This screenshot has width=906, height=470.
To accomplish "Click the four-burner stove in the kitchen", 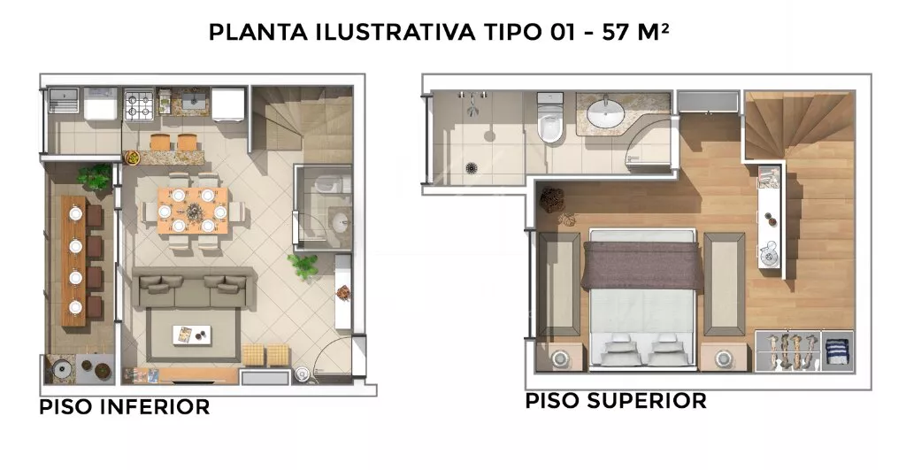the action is click(x=139, y=105).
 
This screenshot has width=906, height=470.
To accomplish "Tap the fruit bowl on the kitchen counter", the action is click(x=134, y=157).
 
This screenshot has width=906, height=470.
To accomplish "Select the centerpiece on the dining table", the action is click(x=192, y=211).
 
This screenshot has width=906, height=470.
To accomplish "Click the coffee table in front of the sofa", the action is click(x=192, y=335).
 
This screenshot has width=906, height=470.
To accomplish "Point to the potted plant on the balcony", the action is click(x=94, y=176).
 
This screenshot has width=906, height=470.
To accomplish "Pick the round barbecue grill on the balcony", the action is click(x=60, y=368).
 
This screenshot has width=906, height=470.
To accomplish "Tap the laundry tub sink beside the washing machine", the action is click(x=64, y=99).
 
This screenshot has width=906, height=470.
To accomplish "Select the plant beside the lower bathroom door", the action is click(x=303, y=266).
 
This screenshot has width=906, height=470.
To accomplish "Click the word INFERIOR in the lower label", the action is click(x=155, y=407).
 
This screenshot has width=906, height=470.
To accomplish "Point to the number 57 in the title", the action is click(x=616, y=33).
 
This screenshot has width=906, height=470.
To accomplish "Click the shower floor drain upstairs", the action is click(x=472, y=168).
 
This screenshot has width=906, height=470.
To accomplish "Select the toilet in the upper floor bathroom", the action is click(x=550, y=119).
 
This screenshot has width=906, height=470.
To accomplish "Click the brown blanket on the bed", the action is click(x=642, y=264).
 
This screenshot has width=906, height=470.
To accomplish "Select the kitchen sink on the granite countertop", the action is click(x=196, y=102).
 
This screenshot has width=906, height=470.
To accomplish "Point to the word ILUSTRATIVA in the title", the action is click(x=395, y=33).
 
